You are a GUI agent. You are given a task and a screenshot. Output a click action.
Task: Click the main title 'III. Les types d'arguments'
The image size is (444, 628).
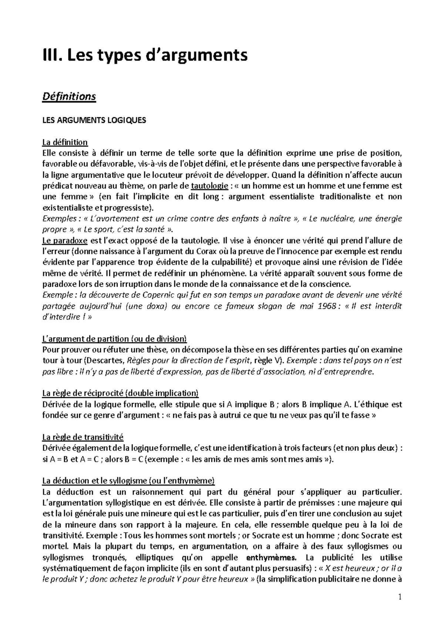[x=145, y=55]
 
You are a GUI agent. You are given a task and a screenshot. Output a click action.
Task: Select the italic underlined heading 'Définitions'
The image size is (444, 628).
[x=69, y=97]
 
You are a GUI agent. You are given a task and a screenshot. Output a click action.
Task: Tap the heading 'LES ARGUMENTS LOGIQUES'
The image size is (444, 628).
[x=94, y=120]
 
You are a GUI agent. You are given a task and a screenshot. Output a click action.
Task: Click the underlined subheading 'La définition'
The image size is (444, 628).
[x=65, y=142]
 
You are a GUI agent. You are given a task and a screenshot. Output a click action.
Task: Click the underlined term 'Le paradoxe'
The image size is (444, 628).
[x=65, y=241]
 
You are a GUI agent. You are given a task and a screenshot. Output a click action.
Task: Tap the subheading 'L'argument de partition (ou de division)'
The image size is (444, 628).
[x=115, y=339]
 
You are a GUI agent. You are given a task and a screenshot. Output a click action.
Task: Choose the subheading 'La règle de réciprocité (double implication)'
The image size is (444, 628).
[x=121, y=393]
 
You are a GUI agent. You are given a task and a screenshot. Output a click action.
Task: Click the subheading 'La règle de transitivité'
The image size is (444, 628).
[x=83, y=437]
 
